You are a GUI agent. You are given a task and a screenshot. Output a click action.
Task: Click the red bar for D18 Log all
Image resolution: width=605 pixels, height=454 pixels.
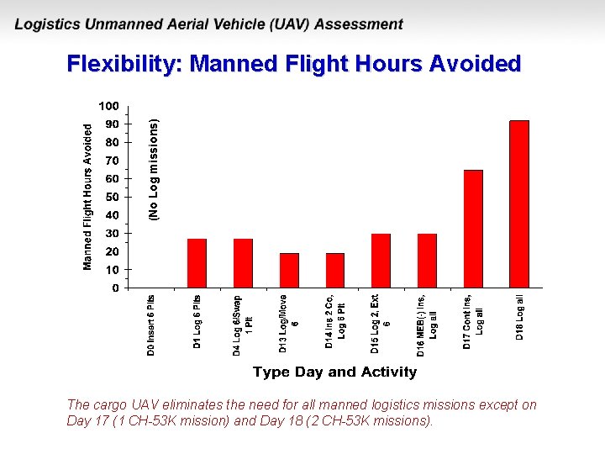click(x=519, y=204)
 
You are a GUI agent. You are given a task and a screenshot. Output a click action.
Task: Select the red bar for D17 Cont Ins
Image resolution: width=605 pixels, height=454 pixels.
click(x=473, y=229)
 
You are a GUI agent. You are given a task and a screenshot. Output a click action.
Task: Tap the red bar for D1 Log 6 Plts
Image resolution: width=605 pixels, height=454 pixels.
click(x=197, y=263)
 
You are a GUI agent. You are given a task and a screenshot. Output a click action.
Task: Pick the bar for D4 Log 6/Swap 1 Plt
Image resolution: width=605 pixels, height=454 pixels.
click(x=243, y=263)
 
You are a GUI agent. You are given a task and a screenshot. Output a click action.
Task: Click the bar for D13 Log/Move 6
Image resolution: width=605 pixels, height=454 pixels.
click(x=289, y=270)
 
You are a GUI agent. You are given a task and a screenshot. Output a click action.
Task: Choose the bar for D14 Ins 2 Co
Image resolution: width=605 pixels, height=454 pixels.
click(x=335, y=270)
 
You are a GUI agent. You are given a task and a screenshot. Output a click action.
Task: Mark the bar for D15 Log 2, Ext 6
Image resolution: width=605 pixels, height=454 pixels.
click(x=381, y=261)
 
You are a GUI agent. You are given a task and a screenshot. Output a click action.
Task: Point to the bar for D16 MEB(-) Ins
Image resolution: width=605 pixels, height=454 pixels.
click(x=427, y=261)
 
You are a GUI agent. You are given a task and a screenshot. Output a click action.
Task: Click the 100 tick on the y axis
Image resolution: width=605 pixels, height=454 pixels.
click(x=109, y=106)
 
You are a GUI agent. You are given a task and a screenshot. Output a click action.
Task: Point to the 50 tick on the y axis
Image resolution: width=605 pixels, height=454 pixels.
click(x=112, y=197)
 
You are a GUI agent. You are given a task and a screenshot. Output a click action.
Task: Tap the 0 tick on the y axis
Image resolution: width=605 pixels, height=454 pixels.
click(x=115, y=288)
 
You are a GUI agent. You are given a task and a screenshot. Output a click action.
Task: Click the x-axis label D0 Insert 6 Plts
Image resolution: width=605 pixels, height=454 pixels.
click(x=151, y=325)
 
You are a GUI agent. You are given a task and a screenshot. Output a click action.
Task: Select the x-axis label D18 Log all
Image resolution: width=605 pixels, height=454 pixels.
click(x=520, y=317)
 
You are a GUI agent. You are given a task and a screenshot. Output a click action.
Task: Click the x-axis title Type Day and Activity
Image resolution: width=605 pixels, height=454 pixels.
click(x=334, y=372)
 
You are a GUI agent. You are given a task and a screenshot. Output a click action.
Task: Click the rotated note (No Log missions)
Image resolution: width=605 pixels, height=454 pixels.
click(x=153, y=169)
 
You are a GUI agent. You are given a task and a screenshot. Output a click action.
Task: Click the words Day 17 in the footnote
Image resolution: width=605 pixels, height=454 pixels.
click(x=85, y=420)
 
